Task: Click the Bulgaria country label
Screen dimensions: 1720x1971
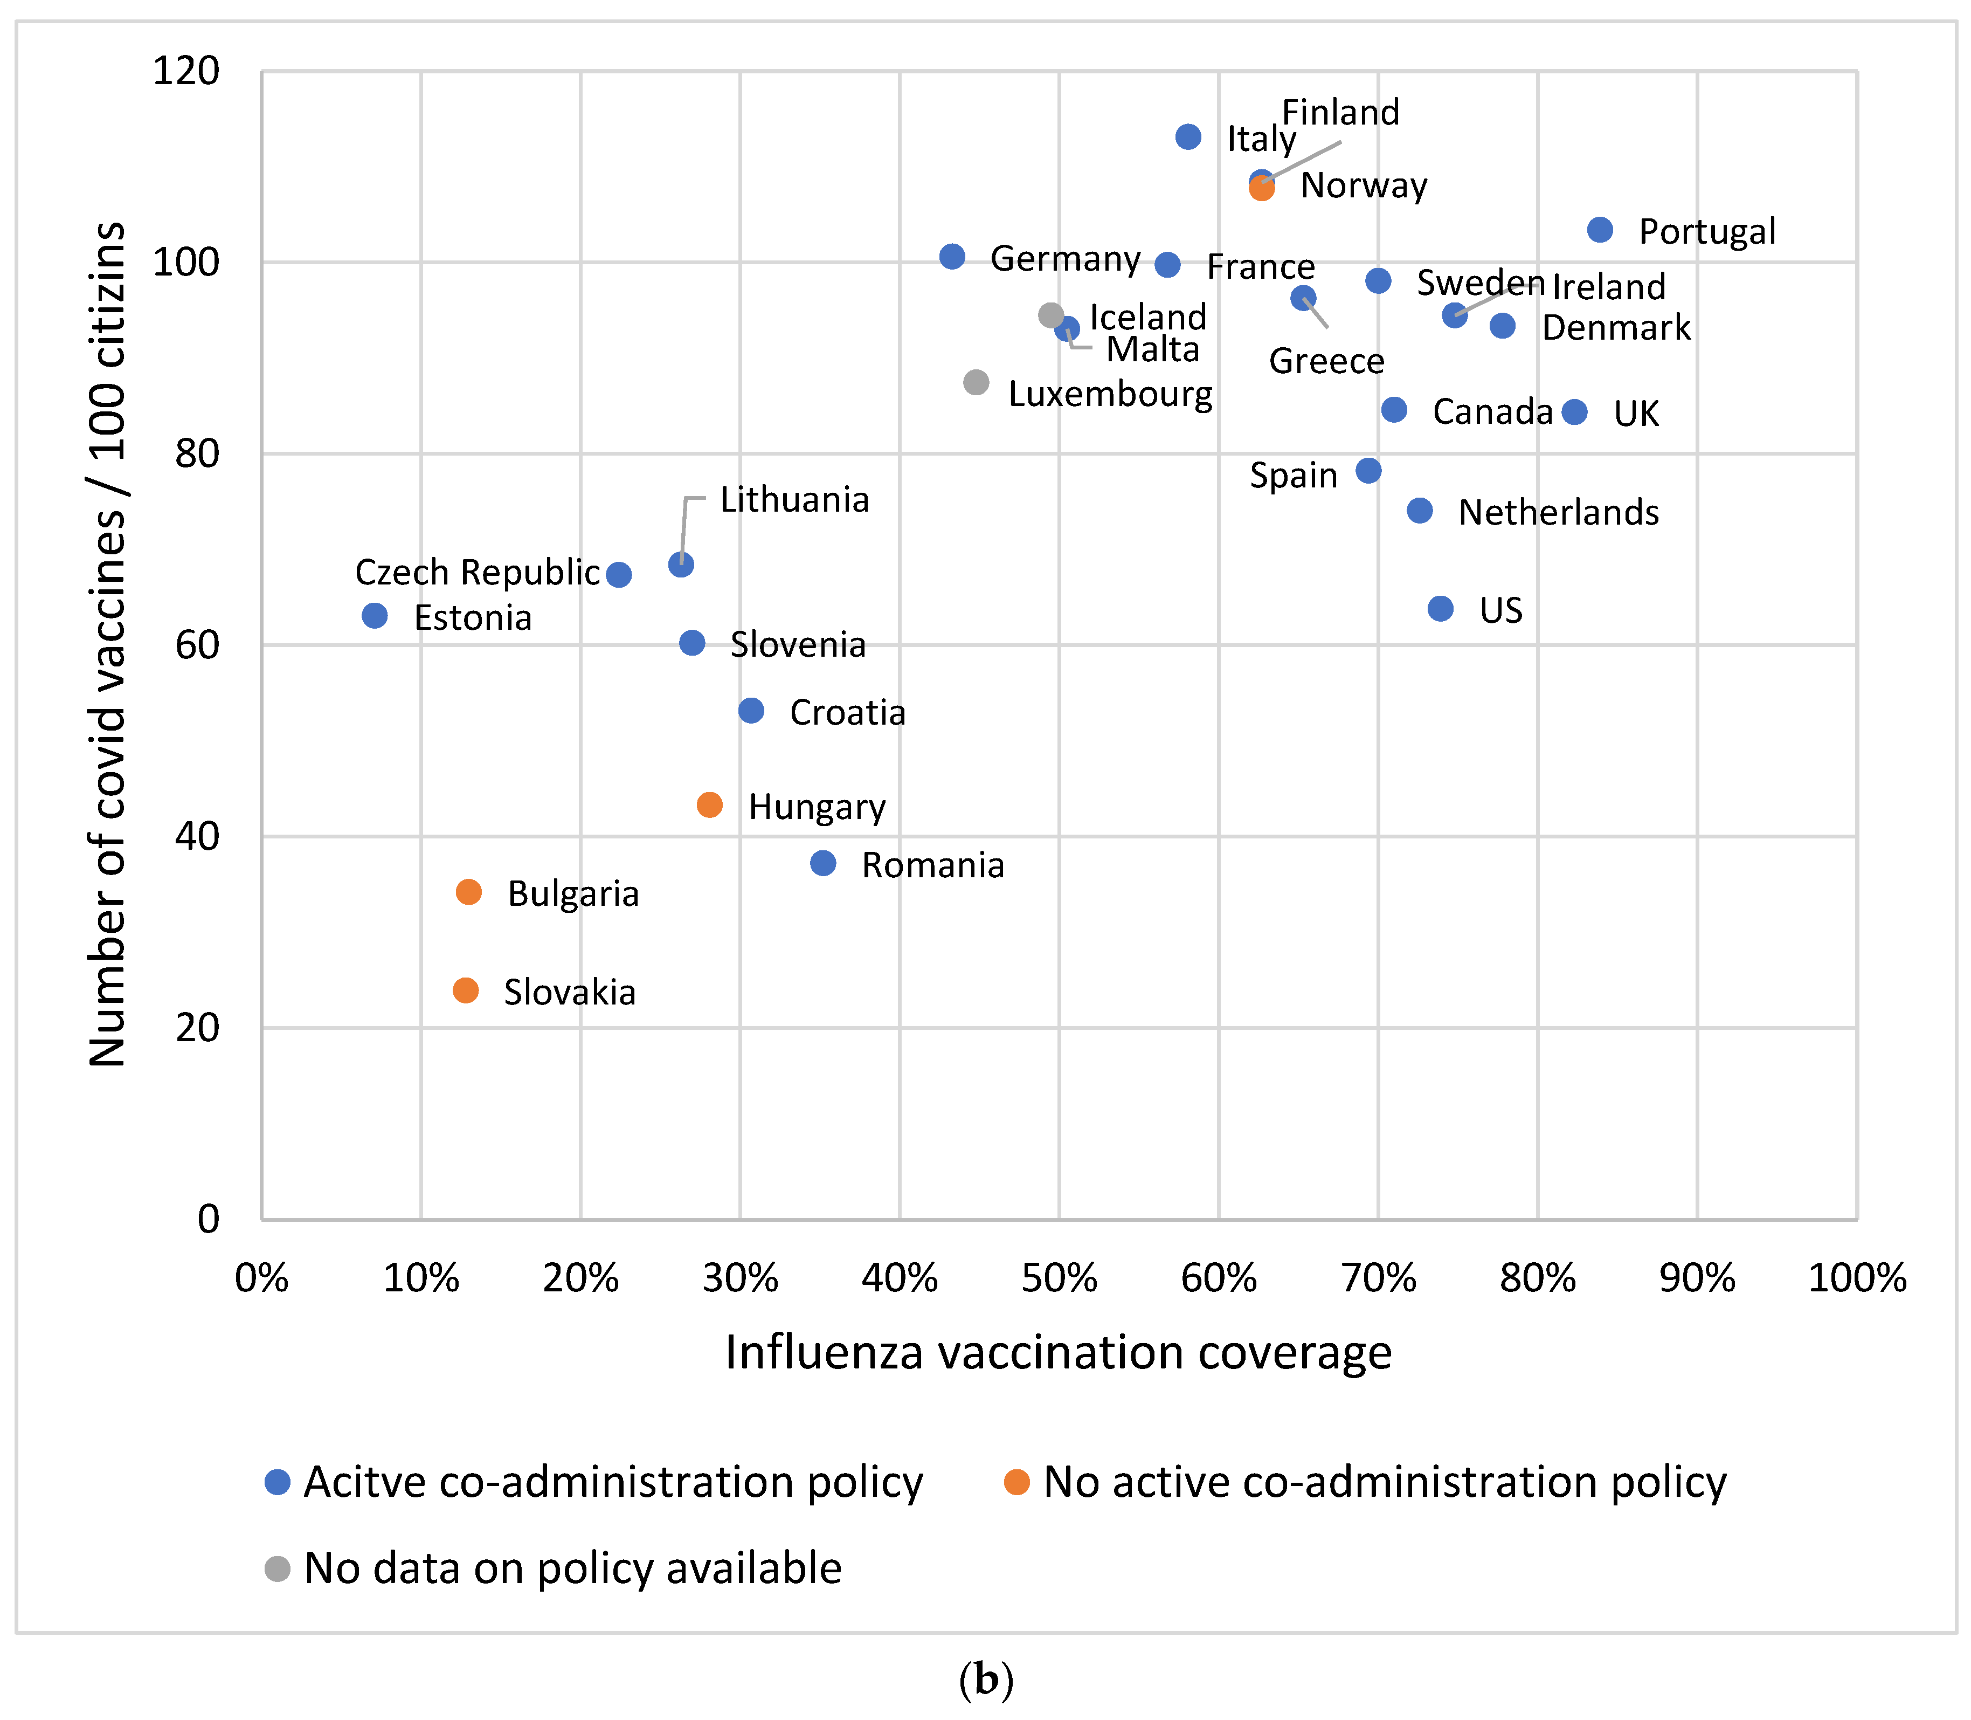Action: (x=573, y=893)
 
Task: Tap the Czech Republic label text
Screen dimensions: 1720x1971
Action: (x=477, y=572)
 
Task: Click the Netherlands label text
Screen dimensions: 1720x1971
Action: (x=1558, y=513)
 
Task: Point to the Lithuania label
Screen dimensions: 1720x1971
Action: (x=794, y=500)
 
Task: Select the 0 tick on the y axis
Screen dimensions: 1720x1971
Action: (x=208, y=1219)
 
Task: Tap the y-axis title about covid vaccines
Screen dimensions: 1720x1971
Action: (x=107, y=644)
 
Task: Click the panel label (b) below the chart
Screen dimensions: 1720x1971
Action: (x=985, y=1680)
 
